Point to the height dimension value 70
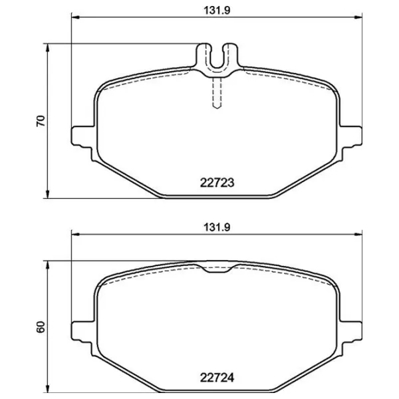tap(40, 120)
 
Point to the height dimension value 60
tap(40, 327)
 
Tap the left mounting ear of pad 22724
tap(80, 330)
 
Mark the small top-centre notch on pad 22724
tap(215, 269)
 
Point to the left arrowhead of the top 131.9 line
tap(74, 17)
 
